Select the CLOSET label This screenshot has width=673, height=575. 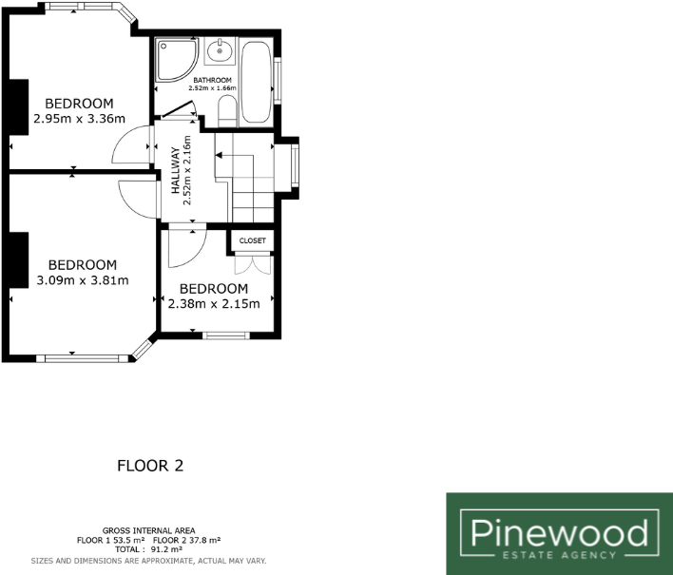[x=253, y=240]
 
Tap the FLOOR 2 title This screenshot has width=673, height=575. [x=149, y=466]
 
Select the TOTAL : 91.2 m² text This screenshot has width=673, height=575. [x=149, y=549]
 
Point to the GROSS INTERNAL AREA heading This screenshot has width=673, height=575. [x=149, y=529]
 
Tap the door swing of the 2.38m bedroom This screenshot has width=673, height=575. [x=181, y=249]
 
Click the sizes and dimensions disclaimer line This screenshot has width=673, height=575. [x=149, y=560]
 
